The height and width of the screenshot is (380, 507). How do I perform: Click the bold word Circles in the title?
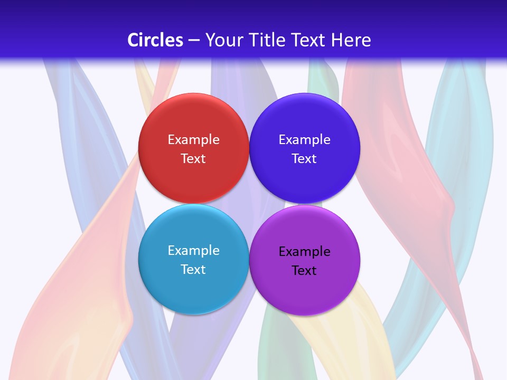click(155, 40)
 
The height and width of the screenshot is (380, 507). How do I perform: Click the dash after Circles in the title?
click(194, 41)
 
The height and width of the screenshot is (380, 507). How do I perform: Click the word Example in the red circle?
click(193, 140)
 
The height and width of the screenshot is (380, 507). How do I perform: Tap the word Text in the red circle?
click(193, 159)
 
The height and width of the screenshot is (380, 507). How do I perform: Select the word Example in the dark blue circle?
click(305, 140)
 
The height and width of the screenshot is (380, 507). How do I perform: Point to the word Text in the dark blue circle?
click(305, 159)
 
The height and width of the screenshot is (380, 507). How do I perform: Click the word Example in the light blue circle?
click(193, 251)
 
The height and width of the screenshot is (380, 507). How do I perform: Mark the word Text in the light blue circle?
click(193, 270)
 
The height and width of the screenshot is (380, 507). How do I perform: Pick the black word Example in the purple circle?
click(305, 252)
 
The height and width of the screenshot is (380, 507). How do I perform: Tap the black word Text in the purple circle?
click(305, 271)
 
